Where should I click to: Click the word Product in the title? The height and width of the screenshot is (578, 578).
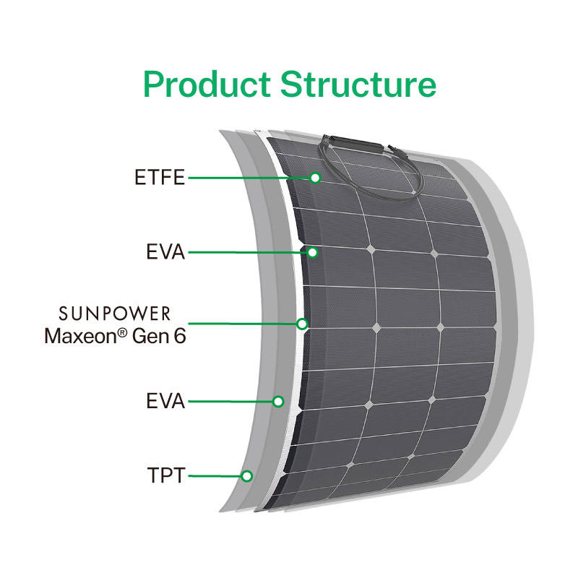(x=207, y=85)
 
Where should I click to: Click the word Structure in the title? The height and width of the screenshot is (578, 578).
(x=358, y=84)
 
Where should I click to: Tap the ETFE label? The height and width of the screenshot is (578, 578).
(x=160, y=177)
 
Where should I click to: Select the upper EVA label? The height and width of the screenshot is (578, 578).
(x=165, y=251)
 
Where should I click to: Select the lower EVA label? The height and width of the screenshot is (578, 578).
(x=165, y=401)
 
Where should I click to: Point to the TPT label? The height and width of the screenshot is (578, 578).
(x=165, y=475)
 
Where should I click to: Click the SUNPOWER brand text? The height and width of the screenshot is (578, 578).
(x=115, y=314)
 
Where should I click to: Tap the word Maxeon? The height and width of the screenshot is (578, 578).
(x=80, y=336)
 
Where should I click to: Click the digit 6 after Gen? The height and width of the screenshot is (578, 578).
(x=180, y=336)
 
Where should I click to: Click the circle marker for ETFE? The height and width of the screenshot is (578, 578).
(x=315, y=178)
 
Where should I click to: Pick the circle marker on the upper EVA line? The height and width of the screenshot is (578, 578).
(x=312, y=252)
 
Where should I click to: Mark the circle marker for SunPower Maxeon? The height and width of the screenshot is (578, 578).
(x=302, y=324)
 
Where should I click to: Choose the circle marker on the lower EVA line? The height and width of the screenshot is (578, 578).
(x=278, y=402)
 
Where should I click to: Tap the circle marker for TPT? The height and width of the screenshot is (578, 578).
(x=246, y=476)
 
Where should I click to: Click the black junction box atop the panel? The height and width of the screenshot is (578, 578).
(x=355, y=144)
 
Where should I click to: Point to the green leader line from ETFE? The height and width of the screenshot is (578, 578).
(x=249, y=178)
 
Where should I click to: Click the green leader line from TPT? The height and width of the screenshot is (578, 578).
(x=215, y=476)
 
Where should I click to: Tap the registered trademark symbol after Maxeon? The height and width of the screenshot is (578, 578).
(x=122, y=332)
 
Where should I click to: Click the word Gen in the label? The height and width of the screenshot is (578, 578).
(x=151, y=337)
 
